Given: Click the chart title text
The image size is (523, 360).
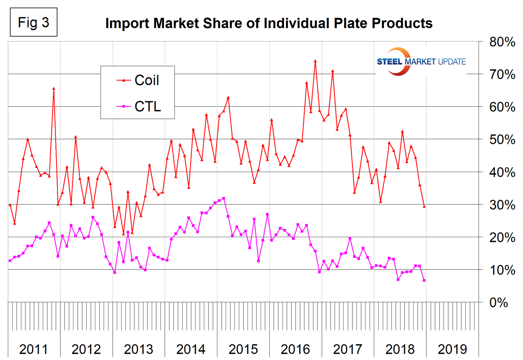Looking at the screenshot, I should coord(268,23).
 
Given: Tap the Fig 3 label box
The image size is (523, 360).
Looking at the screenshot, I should coord(33,23).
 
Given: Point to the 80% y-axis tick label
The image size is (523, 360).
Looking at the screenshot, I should coord(498,42).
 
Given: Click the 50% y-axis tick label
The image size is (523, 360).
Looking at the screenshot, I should coord(498,140).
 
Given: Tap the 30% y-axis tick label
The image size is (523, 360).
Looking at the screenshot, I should coord(498,205).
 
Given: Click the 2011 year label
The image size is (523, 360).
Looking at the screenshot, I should coord(34,350).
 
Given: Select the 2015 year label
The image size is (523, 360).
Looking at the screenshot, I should coord(243,350).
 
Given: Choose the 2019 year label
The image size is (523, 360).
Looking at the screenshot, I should coord(452,350).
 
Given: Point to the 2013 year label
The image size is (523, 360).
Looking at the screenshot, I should coord(138,350).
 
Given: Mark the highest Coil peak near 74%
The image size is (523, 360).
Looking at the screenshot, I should coord(315,61).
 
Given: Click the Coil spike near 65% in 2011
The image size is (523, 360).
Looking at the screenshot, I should coord(53,89).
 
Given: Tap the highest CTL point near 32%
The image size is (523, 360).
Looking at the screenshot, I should coord(223,198).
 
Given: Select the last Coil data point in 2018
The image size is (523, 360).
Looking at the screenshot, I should coord(424,206).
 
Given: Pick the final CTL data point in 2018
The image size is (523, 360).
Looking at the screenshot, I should coord(424,280).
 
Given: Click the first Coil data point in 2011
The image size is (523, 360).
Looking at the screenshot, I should coord(10,205).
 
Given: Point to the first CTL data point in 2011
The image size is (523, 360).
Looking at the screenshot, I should coord(10,261).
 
